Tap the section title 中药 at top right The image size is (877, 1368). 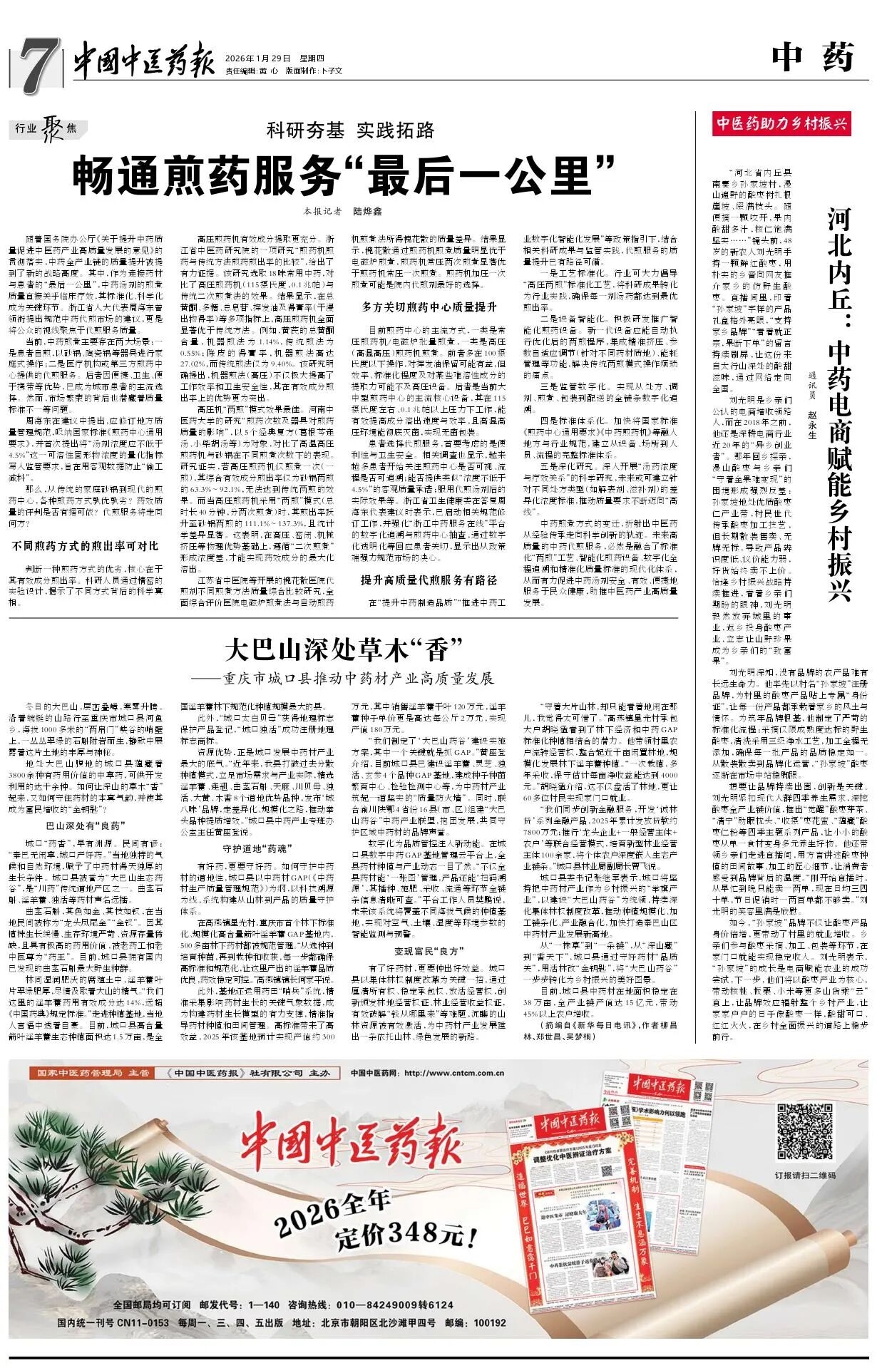[812, 57]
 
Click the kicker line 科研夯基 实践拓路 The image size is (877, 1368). [350, 130]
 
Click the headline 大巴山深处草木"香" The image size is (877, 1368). [344, 650]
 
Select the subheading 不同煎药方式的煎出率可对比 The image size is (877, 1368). [85, 546]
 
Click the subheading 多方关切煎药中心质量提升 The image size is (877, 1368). [429, 307]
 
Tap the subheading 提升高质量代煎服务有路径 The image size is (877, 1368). [429, 580]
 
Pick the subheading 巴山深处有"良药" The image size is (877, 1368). [86, 827]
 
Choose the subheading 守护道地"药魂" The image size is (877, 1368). [258, 848]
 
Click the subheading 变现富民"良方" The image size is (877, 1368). [429, 951]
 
